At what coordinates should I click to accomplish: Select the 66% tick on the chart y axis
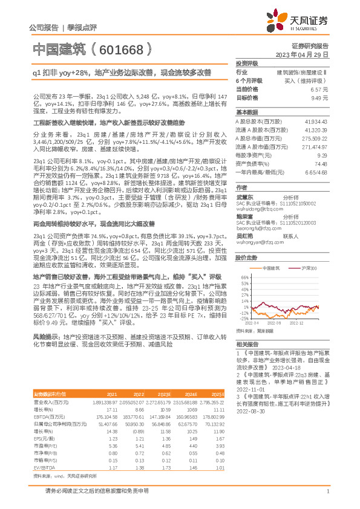coord(243,277)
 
